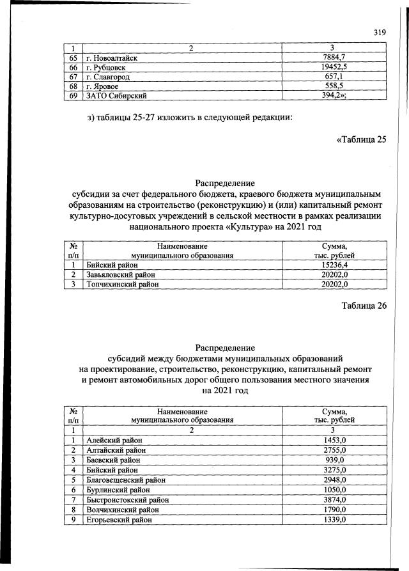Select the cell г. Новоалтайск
tap(112, 58)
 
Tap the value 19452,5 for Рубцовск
tap(334, 67)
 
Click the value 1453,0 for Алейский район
tap(334, 441)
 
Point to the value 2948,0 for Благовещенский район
tap(334, 480)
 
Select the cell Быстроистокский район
tap(123, 499)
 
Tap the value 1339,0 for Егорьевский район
tap(334, 519)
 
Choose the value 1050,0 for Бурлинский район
tap(334, 490)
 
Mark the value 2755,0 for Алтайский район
tap(334, 451)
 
